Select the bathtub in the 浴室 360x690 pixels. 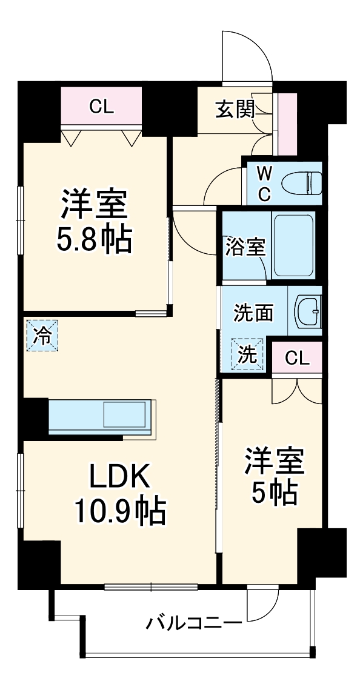293,245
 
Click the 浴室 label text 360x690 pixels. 245,247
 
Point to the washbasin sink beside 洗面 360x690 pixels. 308,313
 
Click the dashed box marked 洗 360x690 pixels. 247,354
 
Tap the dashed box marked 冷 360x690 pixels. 42,335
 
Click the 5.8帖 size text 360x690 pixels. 94,241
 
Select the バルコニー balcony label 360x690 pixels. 193,622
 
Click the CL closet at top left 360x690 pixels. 101,107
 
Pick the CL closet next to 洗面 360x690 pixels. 297,358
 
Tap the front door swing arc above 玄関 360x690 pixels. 245,55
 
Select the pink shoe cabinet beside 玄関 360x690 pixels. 287,124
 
